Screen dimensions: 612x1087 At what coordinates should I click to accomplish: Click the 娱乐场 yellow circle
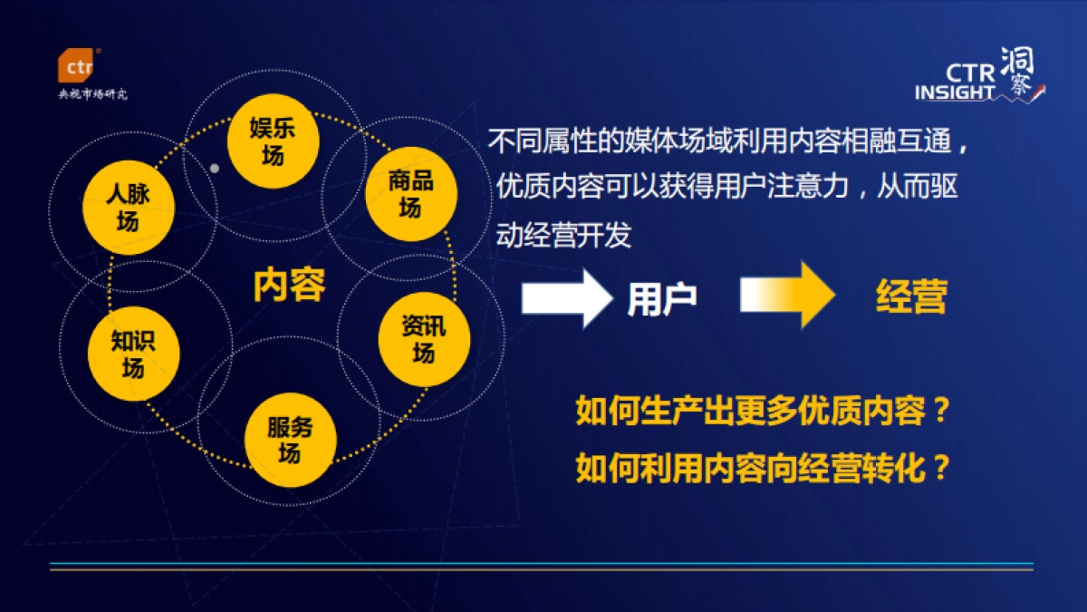(273, 141)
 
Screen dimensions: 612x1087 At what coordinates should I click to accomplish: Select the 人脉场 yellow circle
(128, 206)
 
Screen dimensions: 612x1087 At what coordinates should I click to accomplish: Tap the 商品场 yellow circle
(410, 193)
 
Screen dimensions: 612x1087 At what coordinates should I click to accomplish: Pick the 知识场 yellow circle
(133, 354)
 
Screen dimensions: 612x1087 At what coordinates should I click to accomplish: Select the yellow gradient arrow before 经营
(785, 295)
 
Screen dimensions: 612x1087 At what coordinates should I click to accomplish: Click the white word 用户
(662, 298)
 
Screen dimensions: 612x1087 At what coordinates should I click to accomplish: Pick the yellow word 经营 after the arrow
(911, 297)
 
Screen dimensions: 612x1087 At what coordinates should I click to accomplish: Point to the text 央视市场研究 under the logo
(92, 94)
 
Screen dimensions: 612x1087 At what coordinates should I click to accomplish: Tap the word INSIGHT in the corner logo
(955, 92)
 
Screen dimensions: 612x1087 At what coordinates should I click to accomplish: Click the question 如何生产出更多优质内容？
(761, 413)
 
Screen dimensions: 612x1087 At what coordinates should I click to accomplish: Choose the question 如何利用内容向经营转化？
(761, 468)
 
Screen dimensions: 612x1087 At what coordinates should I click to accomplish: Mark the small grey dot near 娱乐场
(215, 168)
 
